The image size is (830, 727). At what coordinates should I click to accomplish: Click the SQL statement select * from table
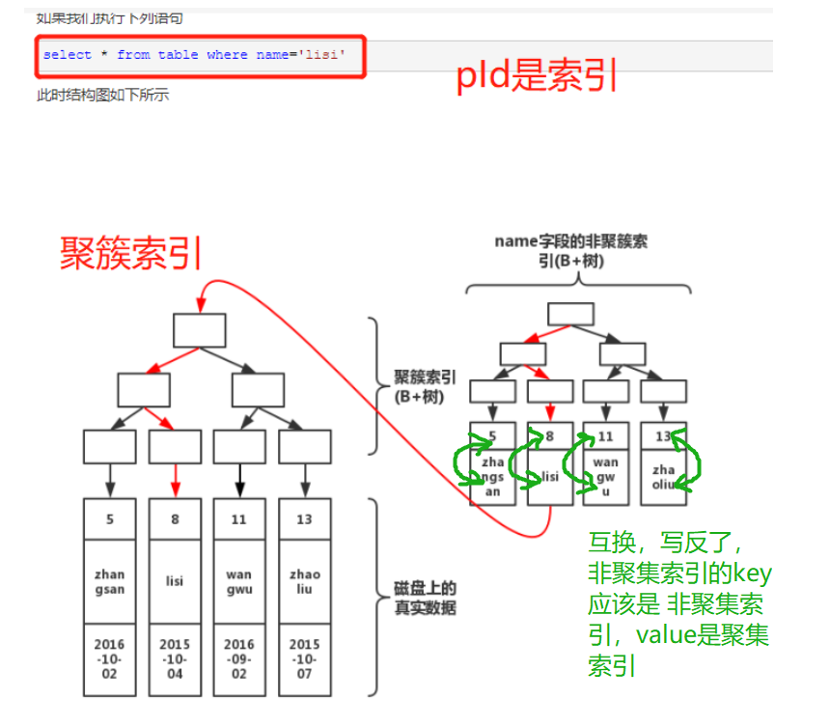click(194, 55)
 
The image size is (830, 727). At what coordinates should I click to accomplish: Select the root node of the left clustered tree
click(199, 330)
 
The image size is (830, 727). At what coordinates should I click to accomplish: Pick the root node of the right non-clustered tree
click(571, 313)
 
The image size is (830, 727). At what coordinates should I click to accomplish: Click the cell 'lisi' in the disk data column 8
click(175, 581)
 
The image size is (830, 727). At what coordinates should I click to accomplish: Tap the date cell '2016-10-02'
click(110, 657)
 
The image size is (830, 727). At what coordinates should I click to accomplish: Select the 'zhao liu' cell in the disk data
click(304, 581)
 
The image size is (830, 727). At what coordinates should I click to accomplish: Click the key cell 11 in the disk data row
click(239, 518)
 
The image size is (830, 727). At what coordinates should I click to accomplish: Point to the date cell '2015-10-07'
click(304, 657)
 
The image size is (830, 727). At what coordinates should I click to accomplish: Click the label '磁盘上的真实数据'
click(425, 598)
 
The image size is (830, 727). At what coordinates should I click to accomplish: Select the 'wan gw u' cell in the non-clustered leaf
click(606, 477)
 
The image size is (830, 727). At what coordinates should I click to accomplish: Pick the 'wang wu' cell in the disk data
click(239, 581)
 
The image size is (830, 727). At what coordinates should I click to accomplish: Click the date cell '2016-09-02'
click(239, 657)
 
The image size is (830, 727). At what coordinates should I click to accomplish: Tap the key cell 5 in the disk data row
click(110, 518)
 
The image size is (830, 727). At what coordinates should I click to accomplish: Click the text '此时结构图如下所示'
click(102, 95)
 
